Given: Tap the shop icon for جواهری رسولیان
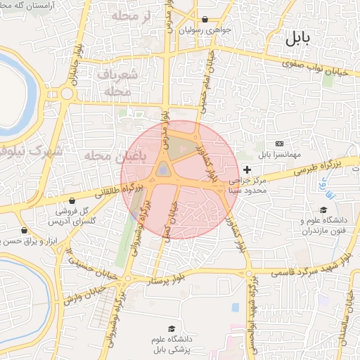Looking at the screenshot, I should pos(205,20).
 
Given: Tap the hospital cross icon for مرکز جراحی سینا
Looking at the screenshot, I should pos(247,169).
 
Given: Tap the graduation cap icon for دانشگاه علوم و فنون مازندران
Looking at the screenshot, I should pos(323,210).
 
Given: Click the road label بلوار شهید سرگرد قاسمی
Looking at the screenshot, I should pos(309,269).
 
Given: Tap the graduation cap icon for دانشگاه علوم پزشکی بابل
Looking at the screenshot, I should pos(171,328).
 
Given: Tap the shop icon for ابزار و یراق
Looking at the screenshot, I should pos(25,230).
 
